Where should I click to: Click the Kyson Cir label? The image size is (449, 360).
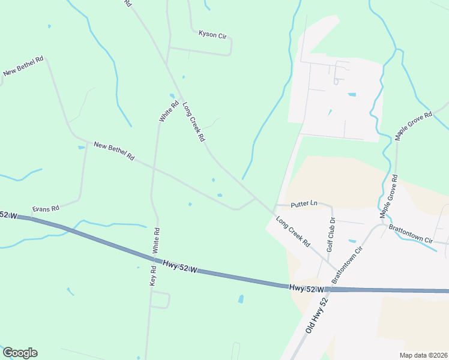[x=212, y=34]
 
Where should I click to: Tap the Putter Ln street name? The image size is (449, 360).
[x=303, y=204]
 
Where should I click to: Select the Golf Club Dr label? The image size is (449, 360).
[x=331, y=232]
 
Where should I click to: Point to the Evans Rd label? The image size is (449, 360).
[x=46, y=208]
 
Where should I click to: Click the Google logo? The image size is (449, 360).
[x=20, y=353]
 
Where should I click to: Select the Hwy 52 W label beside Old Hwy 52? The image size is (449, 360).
[x=307, y=289]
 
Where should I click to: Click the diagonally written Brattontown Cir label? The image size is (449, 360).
[x=348, y=265]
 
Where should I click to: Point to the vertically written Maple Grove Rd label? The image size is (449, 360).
[x=388, y=196]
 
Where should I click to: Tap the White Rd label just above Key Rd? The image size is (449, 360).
[x=157, y=238]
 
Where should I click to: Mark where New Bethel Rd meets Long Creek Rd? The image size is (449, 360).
[x=256, y=198]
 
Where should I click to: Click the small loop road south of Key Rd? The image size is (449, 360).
[x=160, y=299]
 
